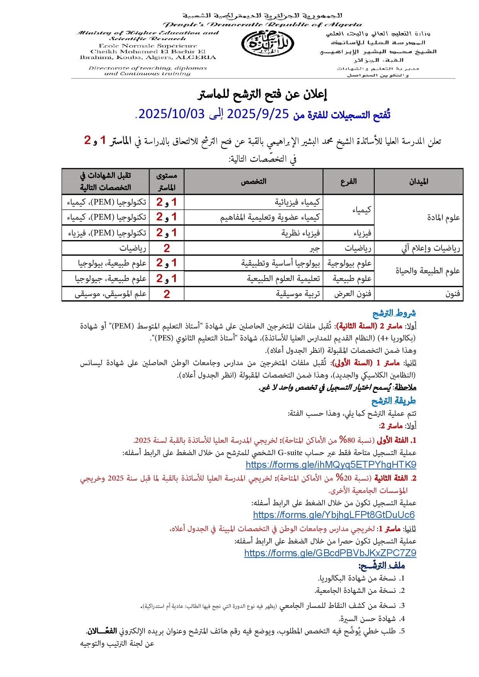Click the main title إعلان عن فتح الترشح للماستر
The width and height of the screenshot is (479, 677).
coord(262,95)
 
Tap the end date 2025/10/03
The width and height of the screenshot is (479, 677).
coord(171,114)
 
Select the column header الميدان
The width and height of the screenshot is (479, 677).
coord(419,181)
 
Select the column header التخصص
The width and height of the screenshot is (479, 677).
coord(253,181)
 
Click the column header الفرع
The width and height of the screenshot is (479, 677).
coord(348,181)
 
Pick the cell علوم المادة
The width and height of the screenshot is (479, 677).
coord(443,218)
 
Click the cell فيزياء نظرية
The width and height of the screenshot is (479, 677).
coord(301,233)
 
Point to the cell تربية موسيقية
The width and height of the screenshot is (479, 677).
coord(298,294)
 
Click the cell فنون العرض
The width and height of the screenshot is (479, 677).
coord(353,294)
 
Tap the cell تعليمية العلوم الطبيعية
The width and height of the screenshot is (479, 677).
coord(284,279)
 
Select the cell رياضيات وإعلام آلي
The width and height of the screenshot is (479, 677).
coord(431,248)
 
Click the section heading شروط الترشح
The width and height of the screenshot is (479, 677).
coord(394,313)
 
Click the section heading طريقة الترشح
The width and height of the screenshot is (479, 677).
coord(394,401)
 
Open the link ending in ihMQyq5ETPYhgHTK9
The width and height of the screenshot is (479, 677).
coord(331,465)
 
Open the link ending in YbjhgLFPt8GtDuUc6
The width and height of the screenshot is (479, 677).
coord(334,515)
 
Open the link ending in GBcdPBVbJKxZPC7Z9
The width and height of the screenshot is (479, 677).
coord(330,553)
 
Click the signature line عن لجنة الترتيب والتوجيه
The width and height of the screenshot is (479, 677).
coord(117,643)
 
